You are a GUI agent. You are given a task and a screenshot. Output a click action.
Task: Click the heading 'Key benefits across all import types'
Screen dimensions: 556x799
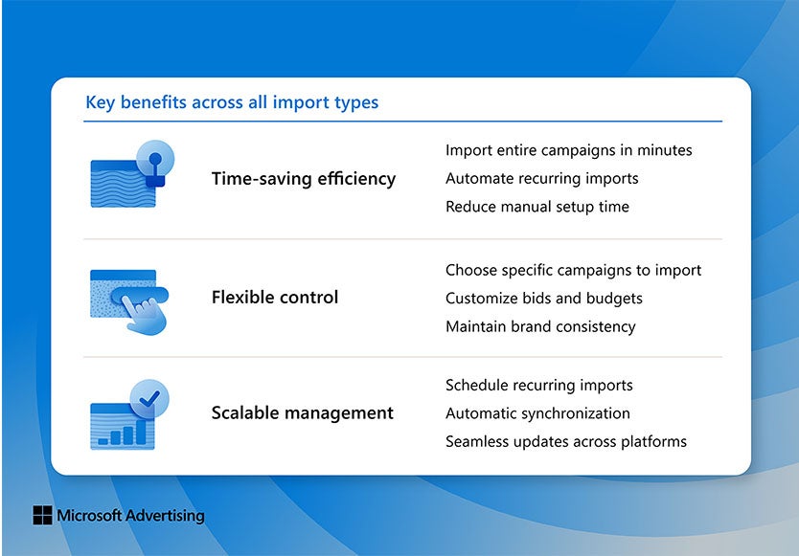point(232,102)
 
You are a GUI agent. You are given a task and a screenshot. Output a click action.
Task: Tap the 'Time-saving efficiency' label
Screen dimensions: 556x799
point(303,179)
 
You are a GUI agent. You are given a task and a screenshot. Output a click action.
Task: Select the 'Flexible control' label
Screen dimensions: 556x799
point(275,298)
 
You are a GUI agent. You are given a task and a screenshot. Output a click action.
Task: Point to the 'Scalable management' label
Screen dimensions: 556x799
point(302,413)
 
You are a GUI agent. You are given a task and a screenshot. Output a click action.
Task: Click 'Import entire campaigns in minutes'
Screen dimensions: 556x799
point(568,150)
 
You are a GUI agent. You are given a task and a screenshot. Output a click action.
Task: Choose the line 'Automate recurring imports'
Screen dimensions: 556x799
point(541,179)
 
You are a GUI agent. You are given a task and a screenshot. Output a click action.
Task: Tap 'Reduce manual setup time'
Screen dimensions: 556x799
point(536,207)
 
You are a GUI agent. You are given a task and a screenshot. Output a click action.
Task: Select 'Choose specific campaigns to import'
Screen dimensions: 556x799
point(573,270)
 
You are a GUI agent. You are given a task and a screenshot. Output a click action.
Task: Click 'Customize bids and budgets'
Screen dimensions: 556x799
point(543,299)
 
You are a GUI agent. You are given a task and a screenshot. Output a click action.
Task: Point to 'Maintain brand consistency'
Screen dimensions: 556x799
point(540,326)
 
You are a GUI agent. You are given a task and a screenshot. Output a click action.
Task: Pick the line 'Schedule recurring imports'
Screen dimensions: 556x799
point(538,386)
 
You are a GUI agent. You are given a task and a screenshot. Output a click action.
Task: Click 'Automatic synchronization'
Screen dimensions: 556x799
point(537,413)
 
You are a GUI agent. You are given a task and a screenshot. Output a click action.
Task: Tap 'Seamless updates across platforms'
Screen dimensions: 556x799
point(565,442)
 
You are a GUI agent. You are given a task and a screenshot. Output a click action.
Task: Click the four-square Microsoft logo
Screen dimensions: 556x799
point(42,516)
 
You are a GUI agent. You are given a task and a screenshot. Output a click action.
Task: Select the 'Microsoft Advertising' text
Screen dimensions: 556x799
point(130,516)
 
